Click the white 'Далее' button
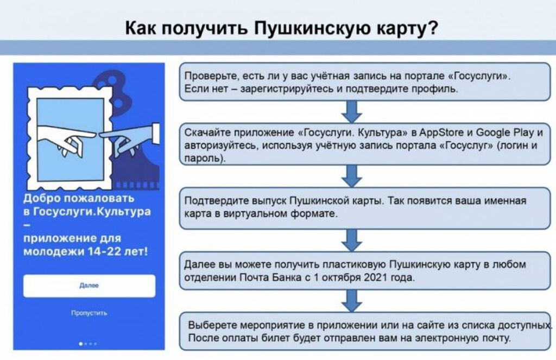[90, 286]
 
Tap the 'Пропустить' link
[89, 313]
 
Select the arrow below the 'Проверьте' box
[351, 112]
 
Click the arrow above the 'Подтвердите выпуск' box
[351, 176]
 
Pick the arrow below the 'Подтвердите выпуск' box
[351, 240]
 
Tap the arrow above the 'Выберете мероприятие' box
[351, 301]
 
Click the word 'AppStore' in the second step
[441, 133]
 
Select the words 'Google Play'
[506, 133]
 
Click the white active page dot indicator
[81, 344]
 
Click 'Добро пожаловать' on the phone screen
[79, 198]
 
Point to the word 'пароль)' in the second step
[205, 158]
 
